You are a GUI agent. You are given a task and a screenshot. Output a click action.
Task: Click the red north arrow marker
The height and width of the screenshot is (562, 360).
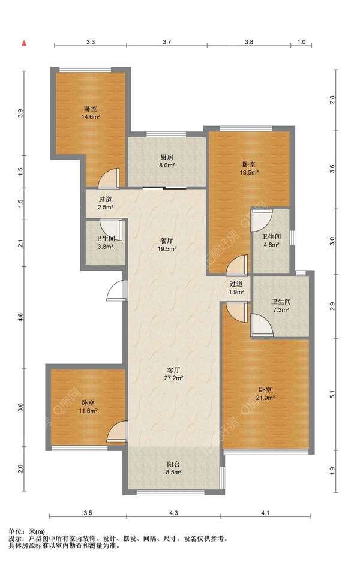24,43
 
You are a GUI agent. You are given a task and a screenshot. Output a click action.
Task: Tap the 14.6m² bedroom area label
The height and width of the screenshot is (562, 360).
90,113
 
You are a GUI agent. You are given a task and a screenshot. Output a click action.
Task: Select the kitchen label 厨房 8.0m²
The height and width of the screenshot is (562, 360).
167,161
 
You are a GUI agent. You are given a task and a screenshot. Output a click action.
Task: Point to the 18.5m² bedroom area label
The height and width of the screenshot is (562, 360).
249,168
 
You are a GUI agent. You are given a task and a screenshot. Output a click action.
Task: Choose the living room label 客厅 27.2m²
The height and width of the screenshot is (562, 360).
174,374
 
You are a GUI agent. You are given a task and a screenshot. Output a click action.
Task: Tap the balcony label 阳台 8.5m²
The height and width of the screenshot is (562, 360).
173,468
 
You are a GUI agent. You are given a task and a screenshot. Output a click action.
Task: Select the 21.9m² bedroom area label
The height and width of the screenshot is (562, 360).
265,393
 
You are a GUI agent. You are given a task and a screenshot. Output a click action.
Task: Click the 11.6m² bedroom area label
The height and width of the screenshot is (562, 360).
88,407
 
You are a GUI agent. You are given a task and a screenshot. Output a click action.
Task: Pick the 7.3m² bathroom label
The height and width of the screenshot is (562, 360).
281,306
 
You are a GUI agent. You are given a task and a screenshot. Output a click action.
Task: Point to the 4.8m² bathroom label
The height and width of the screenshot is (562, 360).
271,241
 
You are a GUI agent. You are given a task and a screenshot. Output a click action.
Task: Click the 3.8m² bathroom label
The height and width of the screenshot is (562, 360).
105,242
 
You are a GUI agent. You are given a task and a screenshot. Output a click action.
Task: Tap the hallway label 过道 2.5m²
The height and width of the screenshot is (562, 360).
105,203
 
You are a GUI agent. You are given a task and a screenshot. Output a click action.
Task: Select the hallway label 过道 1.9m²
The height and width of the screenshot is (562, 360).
236,288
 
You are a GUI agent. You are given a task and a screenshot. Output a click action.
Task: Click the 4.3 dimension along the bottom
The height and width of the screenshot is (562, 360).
173,513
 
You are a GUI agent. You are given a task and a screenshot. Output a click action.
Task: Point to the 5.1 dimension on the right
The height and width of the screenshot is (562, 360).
332,394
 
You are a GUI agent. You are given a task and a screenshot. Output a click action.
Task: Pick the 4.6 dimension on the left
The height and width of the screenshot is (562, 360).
20,317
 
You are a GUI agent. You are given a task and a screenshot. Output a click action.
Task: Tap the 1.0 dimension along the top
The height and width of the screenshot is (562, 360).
302,42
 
